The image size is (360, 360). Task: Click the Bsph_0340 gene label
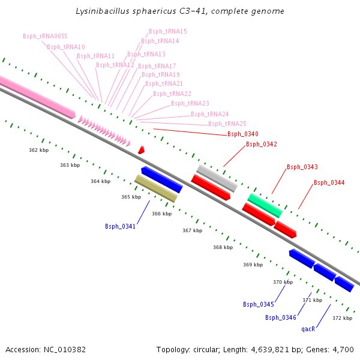[242, 134]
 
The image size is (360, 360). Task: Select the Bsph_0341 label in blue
[120, 226]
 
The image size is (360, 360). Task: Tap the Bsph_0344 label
[329, 182]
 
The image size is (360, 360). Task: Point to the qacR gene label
[308, 329]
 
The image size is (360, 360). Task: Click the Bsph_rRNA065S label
[45, 36]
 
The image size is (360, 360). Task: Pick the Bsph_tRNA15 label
[168, 31]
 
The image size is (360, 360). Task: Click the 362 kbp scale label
[38, 150]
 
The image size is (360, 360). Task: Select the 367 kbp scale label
[192, 230]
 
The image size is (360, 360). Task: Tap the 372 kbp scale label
[342, 318]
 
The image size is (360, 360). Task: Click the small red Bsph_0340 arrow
[142, 149]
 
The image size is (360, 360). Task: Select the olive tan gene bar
[156, 188]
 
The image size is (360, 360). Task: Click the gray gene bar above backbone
[217, 177]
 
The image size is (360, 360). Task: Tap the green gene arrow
[265, 205]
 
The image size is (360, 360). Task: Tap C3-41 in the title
[195, 11]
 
